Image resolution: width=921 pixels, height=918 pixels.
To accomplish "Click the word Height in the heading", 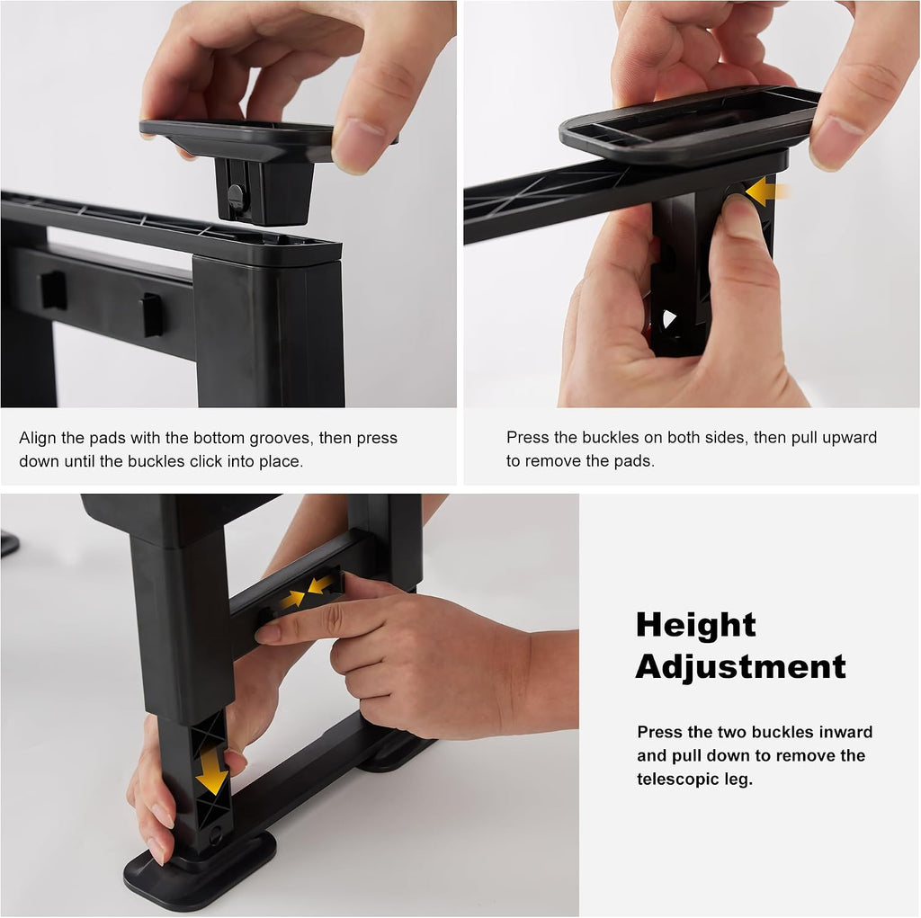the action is coord(695,624).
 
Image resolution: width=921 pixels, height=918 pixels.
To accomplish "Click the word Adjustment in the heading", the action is coord(740,667).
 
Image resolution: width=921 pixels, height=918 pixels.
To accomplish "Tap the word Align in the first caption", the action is coord(38,438).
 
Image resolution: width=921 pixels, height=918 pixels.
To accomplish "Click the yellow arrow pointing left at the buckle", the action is coord(766,192).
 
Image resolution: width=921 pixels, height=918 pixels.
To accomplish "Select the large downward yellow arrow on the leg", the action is coord(212,770).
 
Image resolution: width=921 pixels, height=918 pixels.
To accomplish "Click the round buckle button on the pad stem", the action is coord(237,194).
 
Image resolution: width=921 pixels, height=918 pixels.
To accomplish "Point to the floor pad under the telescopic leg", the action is coord(200,873).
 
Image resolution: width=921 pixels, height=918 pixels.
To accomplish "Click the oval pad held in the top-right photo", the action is coord(689,124).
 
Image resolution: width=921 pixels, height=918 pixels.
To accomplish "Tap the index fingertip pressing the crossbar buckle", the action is coord(266,634).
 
